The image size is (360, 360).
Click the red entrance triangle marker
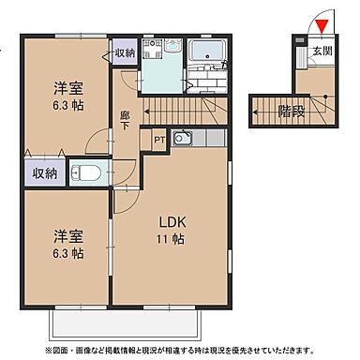[x=321, y=25]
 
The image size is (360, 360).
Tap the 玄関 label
[x=322, y=51]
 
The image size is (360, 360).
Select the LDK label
[x=171, y=222]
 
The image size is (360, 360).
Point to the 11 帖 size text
[x=171, y=241]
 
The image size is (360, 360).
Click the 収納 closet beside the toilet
[x=44, y=173]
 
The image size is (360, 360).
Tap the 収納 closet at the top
[x=125, y=52]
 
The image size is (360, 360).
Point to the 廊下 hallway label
[x=125, y=119]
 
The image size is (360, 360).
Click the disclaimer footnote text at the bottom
[x=179, y=350]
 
